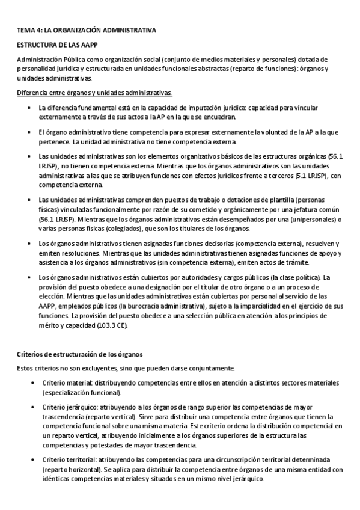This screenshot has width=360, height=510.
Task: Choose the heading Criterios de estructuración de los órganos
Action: click(79, 355)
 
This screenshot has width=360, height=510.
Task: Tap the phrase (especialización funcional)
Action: click(82, 393)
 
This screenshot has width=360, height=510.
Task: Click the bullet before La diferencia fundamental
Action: click(31, 108)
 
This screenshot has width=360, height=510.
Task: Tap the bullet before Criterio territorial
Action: click(31, 460)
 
